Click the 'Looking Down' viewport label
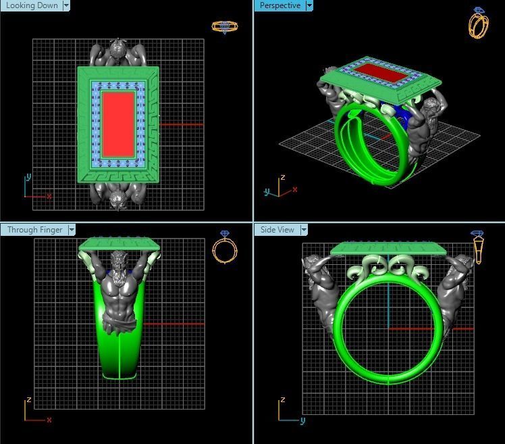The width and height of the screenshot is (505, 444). [32, 5]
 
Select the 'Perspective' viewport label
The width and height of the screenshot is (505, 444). [279, 5]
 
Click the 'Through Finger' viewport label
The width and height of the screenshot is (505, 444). [34, 230]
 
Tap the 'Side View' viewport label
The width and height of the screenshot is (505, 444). [277, 230]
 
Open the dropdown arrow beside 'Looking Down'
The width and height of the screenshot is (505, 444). [66, 5]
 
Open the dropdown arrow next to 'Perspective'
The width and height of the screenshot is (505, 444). [309, 5]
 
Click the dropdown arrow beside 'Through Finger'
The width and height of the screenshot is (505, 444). [71, 230]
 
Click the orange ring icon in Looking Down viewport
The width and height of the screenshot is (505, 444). [224, 26]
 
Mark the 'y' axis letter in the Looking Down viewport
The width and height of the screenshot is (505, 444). [28, 176]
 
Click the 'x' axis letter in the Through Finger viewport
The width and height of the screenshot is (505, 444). [49, 420]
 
